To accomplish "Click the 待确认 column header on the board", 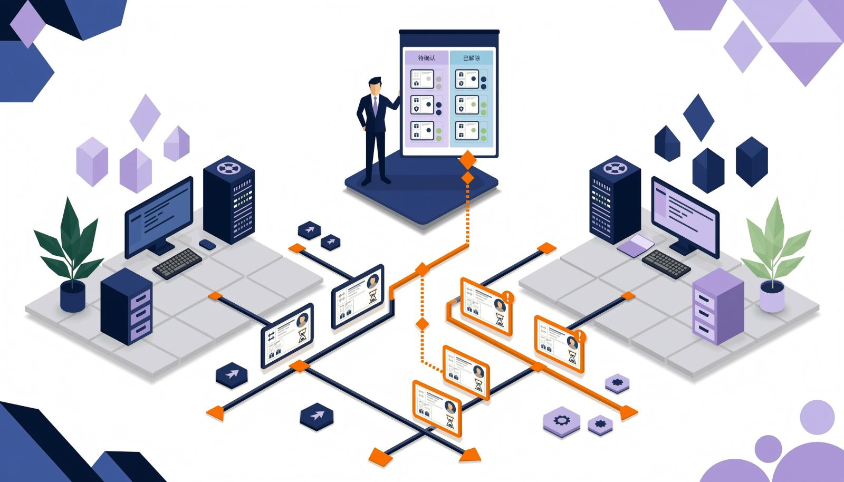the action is pos(427,58).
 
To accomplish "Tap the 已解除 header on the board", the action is pos(472,58).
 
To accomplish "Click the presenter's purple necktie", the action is pos(375,106).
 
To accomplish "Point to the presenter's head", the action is pos(375,86).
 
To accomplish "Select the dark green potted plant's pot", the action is pos(73,296).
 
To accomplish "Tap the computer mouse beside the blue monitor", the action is pos(207,244).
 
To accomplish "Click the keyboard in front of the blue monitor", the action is pos(177,264).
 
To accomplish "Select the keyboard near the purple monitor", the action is pos(666,264).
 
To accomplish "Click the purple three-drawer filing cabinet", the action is pos(718,306).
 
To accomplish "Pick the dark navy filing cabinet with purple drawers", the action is pos(126,306).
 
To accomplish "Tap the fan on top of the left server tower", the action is pos(228,168).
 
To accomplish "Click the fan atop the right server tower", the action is pos(615,168).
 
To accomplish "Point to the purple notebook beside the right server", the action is pos(636,246).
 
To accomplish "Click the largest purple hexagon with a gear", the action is pos(562,422).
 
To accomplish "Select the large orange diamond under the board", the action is pos(467,160).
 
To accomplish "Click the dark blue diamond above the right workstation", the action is pos(698,118).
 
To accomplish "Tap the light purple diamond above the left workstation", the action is pos(145,118).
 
